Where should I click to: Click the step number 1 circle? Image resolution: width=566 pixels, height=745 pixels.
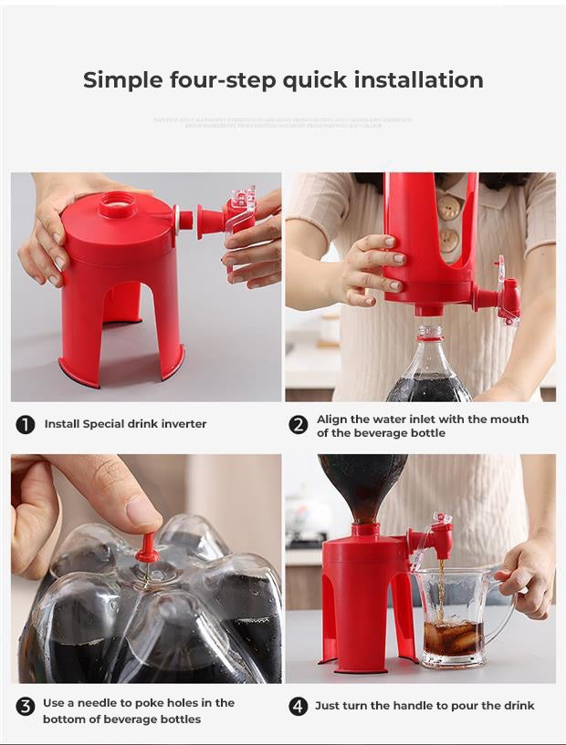tap(26, 424)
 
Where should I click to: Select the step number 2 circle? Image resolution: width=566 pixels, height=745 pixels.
tap(298, 425)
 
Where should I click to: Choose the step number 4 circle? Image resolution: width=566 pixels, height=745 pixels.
tap(298, 706)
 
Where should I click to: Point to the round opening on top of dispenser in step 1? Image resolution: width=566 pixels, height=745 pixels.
tap(117, 201)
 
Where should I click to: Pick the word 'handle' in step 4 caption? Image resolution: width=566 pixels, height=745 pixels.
tap(409, 706)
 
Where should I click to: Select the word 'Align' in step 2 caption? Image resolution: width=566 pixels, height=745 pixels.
tap(332, 419)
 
